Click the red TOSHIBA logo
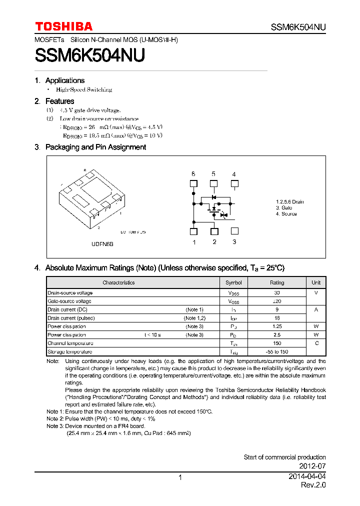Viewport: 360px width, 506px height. [x=63, y=26]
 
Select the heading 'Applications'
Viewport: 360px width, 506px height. [x=64, y=80]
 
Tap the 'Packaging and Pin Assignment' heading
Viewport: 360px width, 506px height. [x=95, y=147]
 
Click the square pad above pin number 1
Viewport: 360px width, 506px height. [x=193, y=231]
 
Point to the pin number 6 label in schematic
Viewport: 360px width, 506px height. [x=193, y=174]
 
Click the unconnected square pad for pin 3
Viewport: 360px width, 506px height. [x=234, y=231]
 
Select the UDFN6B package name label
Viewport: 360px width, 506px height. [x=103, y=244]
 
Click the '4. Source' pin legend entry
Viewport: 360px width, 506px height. [x=286, y=214]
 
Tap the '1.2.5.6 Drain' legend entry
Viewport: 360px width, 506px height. [x=289, y=202]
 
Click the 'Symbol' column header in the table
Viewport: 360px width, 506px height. [x=233, y=282]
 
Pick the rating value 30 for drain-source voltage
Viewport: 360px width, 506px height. [x=277, y=293]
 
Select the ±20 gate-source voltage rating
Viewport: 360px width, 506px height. [x=277, y=301]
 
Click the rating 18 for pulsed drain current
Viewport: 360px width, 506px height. [x=277, y=318]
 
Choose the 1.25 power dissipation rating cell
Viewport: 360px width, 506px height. [x=277, y=326]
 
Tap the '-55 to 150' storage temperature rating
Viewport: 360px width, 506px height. [x=277, y=351]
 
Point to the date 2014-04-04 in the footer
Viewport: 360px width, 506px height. [x=307, y=477]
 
